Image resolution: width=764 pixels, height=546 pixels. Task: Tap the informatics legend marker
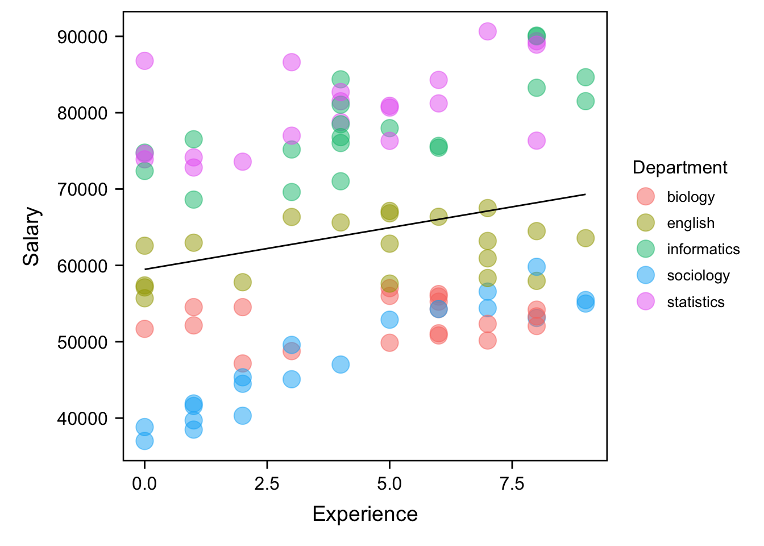coord(646,249)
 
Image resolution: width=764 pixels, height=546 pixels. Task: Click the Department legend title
coord(679,168)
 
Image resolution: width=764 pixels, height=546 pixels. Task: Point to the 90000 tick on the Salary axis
coord(82,37)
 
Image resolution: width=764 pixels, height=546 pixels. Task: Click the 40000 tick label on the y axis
coord(82,419)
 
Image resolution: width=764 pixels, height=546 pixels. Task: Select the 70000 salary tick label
coord(82,189)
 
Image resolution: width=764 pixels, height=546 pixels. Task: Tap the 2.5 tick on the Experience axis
coord(267,484)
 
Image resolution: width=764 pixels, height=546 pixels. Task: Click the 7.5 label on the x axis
coord(512,484)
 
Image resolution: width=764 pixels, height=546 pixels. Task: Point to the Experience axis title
coord(365,514)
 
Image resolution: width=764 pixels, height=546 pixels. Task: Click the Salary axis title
coord(32,236)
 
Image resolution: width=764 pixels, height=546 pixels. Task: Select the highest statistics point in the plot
coord(487,31)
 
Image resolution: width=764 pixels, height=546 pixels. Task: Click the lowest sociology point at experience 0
coord(144,441)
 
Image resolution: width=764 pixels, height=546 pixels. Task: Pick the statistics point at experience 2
coord(243,162)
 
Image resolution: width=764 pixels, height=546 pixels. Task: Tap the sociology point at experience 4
coord(341,365)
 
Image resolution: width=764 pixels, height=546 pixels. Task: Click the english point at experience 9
coord(586,238)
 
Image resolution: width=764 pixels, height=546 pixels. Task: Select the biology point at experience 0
coord(144,329)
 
